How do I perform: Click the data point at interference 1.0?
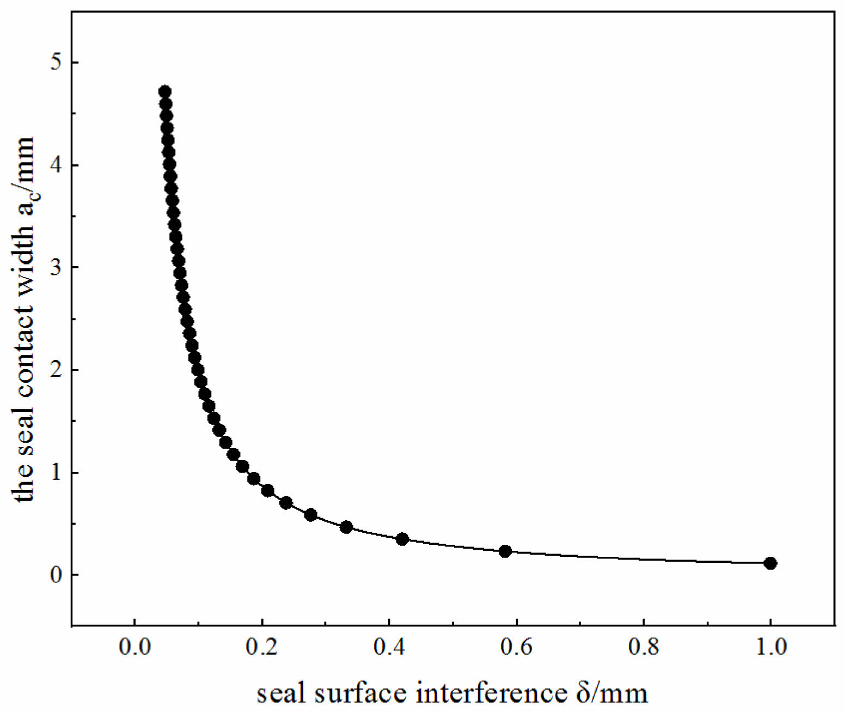(770, 563)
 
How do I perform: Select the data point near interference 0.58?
(505, 551)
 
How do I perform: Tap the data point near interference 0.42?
(402, 539)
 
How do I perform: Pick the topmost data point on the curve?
(165, 91)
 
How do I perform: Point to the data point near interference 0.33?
(346, 527)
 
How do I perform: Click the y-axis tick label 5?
(56, 63)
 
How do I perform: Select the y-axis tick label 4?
(56, 165)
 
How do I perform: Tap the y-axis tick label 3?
(56, 267)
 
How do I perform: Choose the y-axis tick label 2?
(56, 370)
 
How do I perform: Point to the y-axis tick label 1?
(56, 472)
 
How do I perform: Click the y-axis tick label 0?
(56, 575)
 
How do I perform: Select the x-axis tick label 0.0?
(134, 648)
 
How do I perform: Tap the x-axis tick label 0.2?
(261, 648)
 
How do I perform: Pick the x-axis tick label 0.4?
(389, 648)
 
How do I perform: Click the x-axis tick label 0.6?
(516, 648)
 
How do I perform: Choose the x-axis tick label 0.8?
(644, 648)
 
